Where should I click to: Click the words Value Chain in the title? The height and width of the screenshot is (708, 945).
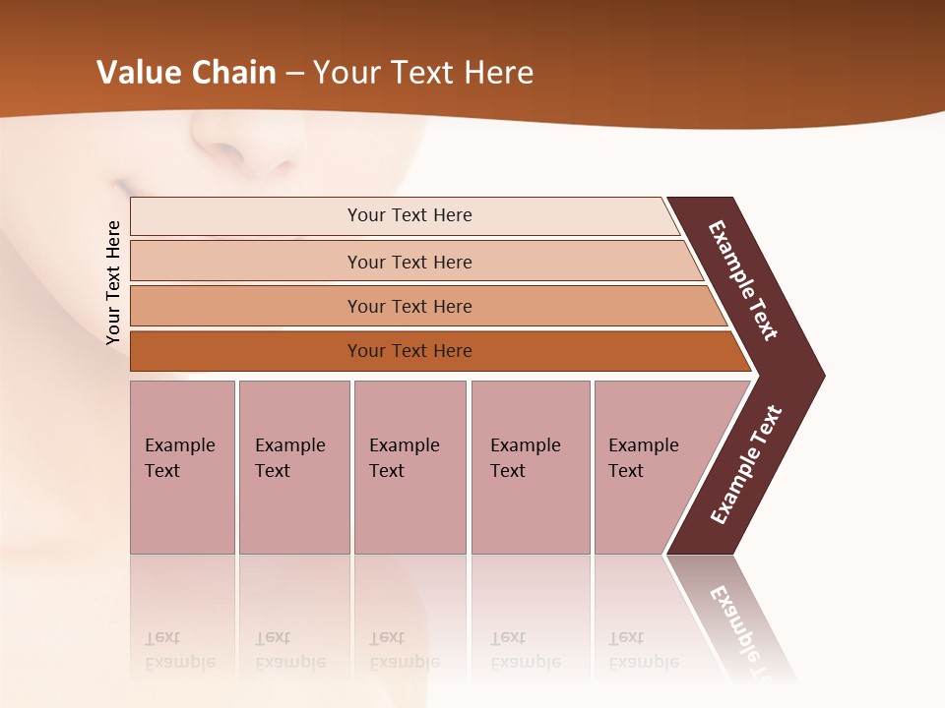[186, 72]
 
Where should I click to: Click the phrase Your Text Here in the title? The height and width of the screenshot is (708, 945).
[423, 72]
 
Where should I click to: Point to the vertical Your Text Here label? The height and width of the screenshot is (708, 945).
[113, 282]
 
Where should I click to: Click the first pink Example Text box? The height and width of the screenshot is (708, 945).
[182, 467]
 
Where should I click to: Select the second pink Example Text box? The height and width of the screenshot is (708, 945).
[293, 467]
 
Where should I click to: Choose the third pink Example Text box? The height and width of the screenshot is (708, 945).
[409, 467]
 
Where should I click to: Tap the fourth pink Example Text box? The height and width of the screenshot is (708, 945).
[531, 467]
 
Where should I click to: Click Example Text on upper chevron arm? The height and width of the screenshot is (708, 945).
[743, 280]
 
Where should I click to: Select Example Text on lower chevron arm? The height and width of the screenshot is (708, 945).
[745, 465]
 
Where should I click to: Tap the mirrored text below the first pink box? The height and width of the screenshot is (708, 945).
[179, 649]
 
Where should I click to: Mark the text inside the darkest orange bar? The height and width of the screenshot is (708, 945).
[409, 351]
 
